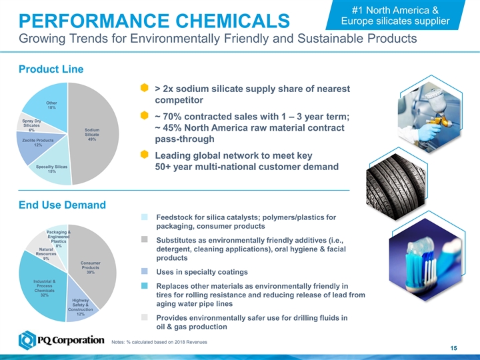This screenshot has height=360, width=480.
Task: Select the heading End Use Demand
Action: pyautogui.click(x=62, y=204)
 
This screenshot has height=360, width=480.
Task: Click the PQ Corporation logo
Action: pyautogui.click(x=61, y=341)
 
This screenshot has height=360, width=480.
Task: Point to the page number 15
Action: pyautogui.click(x=453, y=350)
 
